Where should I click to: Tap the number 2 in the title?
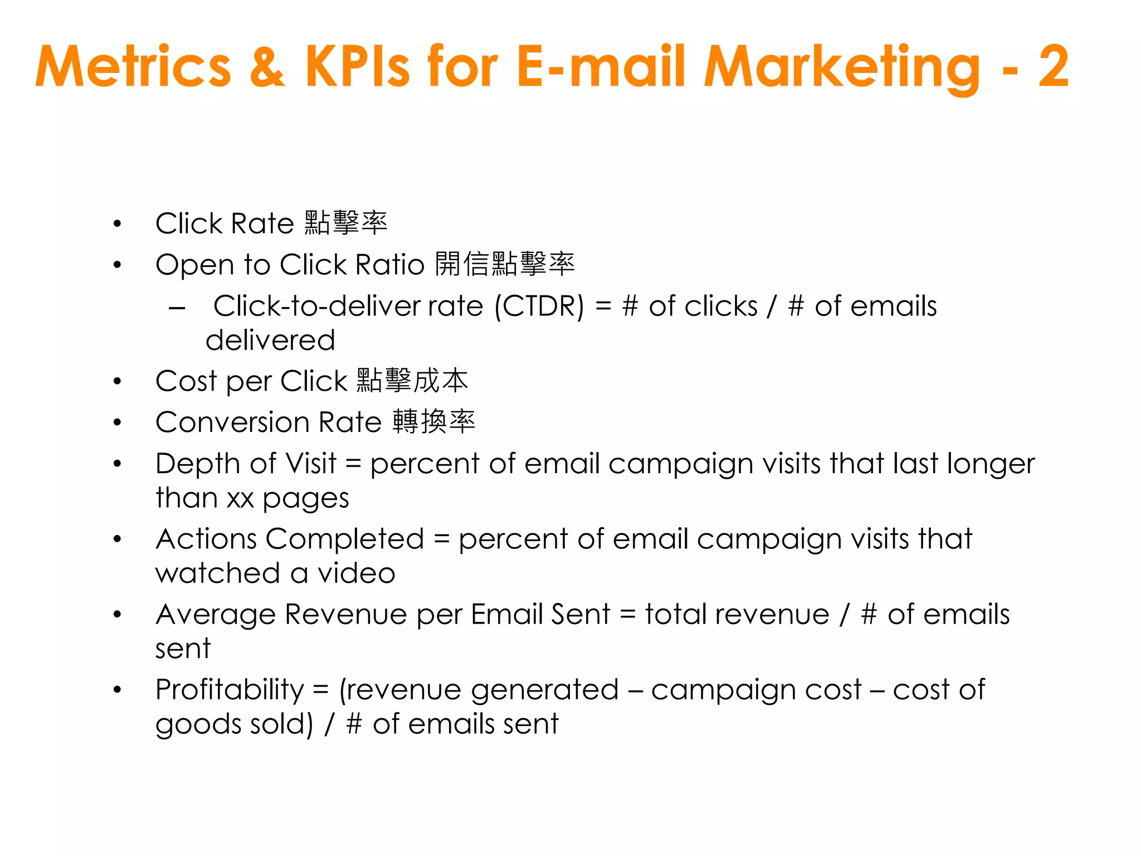click(x=1054, y=67)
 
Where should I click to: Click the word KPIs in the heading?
click(x=357, y=67)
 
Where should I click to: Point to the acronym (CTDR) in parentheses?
click(x=540, y=307)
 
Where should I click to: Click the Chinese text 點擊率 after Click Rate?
click(x=346, y=223)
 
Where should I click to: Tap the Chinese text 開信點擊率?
click(x=504, y=264)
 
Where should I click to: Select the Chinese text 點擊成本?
click(x=412, y=381)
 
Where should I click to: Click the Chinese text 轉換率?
click(x=433, y=422)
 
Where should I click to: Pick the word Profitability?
click(x=230, y=690)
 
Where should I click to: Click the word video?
click(x=356, y=573)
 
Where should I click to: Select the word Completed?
click(x=345, y=539)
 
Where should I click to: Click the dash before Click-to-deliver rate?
click(x=177, y=308)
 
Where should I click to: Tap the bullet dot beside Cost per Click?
click(x=117, y=382)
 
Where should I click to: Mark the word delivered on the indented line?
click(x=270, y=340)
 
